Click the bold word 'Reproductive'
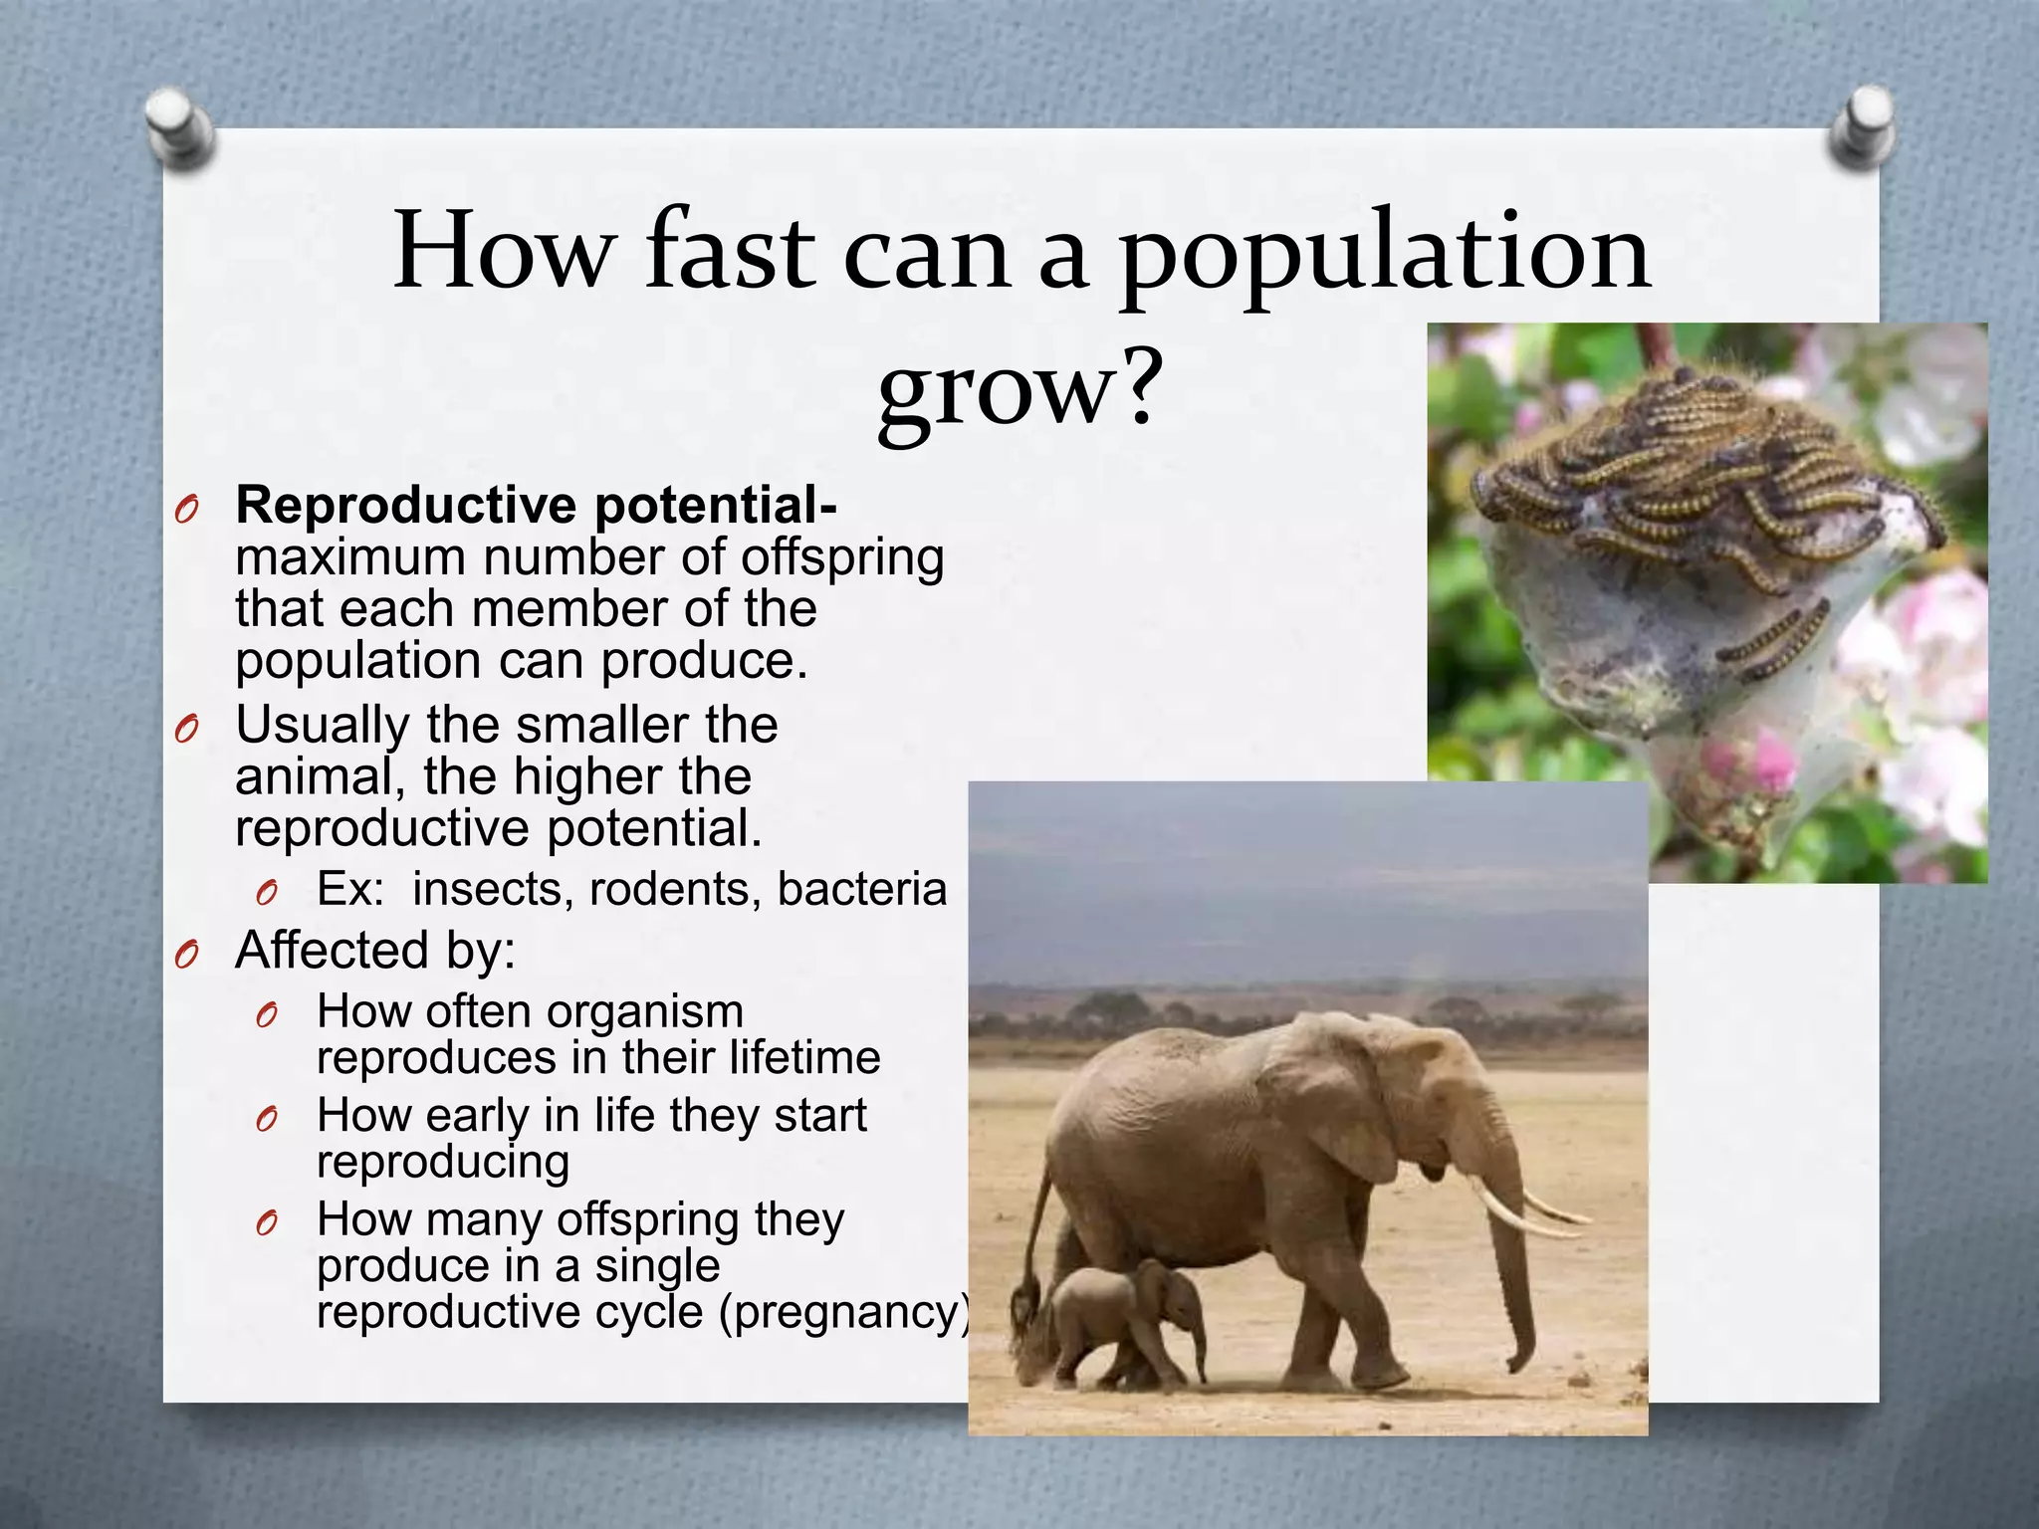(406, 506)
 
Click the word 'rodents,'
(675, 889)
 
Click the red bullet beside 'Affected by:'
(186, 956)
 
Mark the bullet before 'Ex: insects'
(266, 893)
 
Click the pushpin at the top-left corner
(179, 127)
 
